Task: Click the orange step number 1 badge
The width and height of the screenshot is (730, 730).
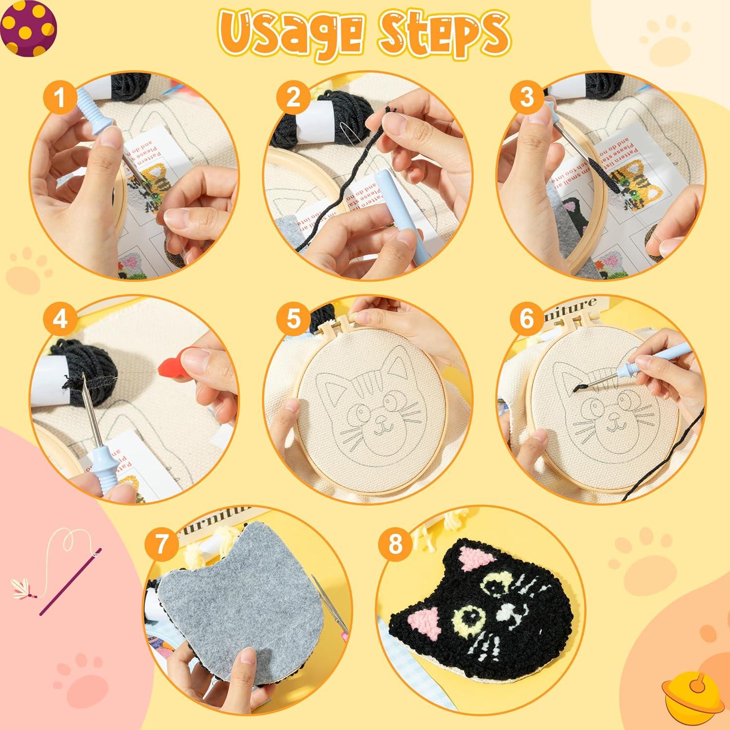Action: click(x=59, y=98)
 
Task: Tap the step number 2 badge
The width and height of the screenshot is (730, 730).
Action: click(x=292, y=98)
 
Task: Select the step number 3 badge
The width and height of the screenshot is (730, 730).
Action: click(x=527, y=98)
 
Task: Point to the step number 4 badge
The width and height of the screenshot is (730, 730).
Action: click(x=59, y=320)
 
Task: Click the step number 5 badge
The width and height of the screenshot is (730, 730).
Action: click(x=292, y=320)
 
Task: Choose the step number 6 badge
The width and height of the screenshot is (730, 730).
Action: click(x=527, y=320)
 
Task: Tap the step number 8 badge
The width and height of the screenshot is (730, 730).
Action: click(x=395, y=545)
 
